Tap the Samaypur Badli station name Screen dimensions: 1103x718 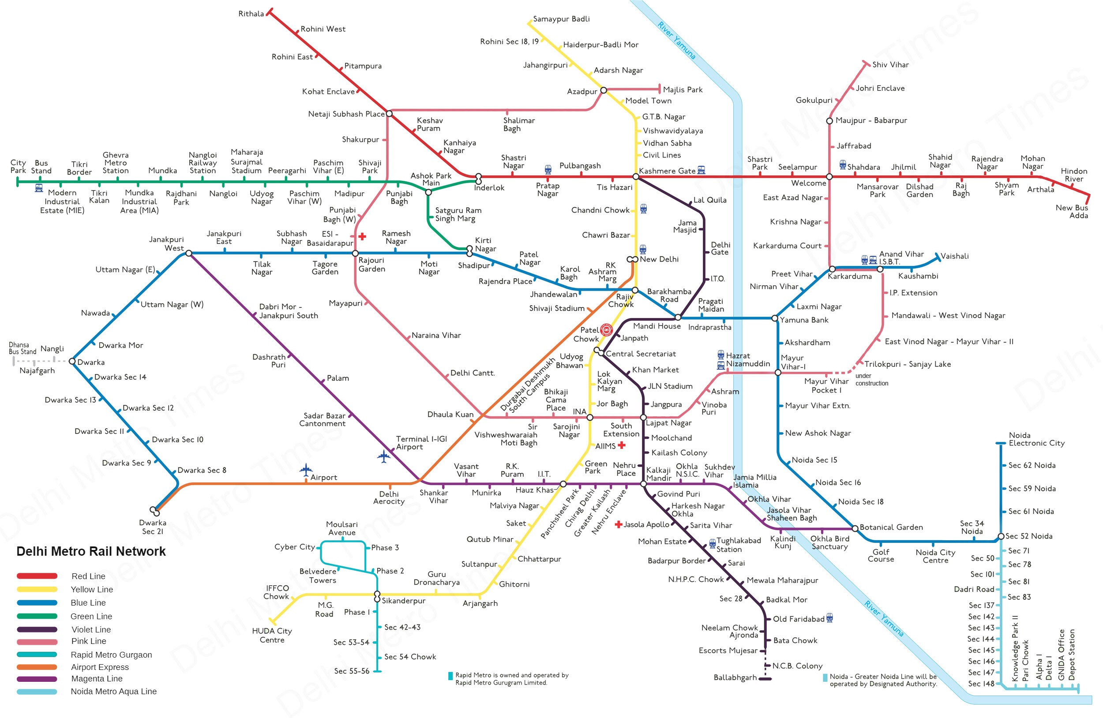click(x=561, y=19)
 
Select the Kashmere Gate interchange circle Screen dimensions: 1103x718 click(x=636, y=176)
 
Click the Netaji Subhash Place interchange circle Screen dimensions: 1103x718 click(x=389, y=113)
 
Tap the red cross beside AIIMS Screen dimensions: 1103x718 click(x=622, y=445)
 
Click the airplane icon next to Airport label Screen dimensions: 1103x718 click(x=306, y=470)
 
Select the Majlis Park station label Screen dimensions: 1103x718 click(x=683, y=90)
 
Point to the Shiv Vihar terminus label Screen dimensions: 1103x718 click(x=890, y=65)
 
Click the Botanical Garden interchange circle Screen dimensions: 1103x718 click(x=855, y=528)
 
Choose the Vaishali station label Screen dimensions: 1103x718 click(x=955, y=256)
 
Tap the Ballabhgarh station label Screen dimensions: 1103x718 click(x=735, y=678)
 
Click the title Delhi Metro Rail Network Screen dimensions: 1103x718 click(x=91, y=551)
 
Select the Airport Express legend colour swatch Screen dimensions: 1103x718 click(x=37, y=667)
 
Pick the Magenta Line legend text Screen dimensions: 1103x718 click(x=97, y=679)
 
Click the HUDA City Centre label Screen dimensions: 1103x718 click(x=272, y=636)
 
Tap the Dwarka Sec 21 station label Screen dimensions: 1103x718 click(x=153, y=527)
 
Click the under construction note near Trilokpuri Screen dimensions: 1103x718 click(x=872, y=379)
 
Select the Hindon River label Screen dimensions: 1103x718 click(x=1074, y=175)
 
